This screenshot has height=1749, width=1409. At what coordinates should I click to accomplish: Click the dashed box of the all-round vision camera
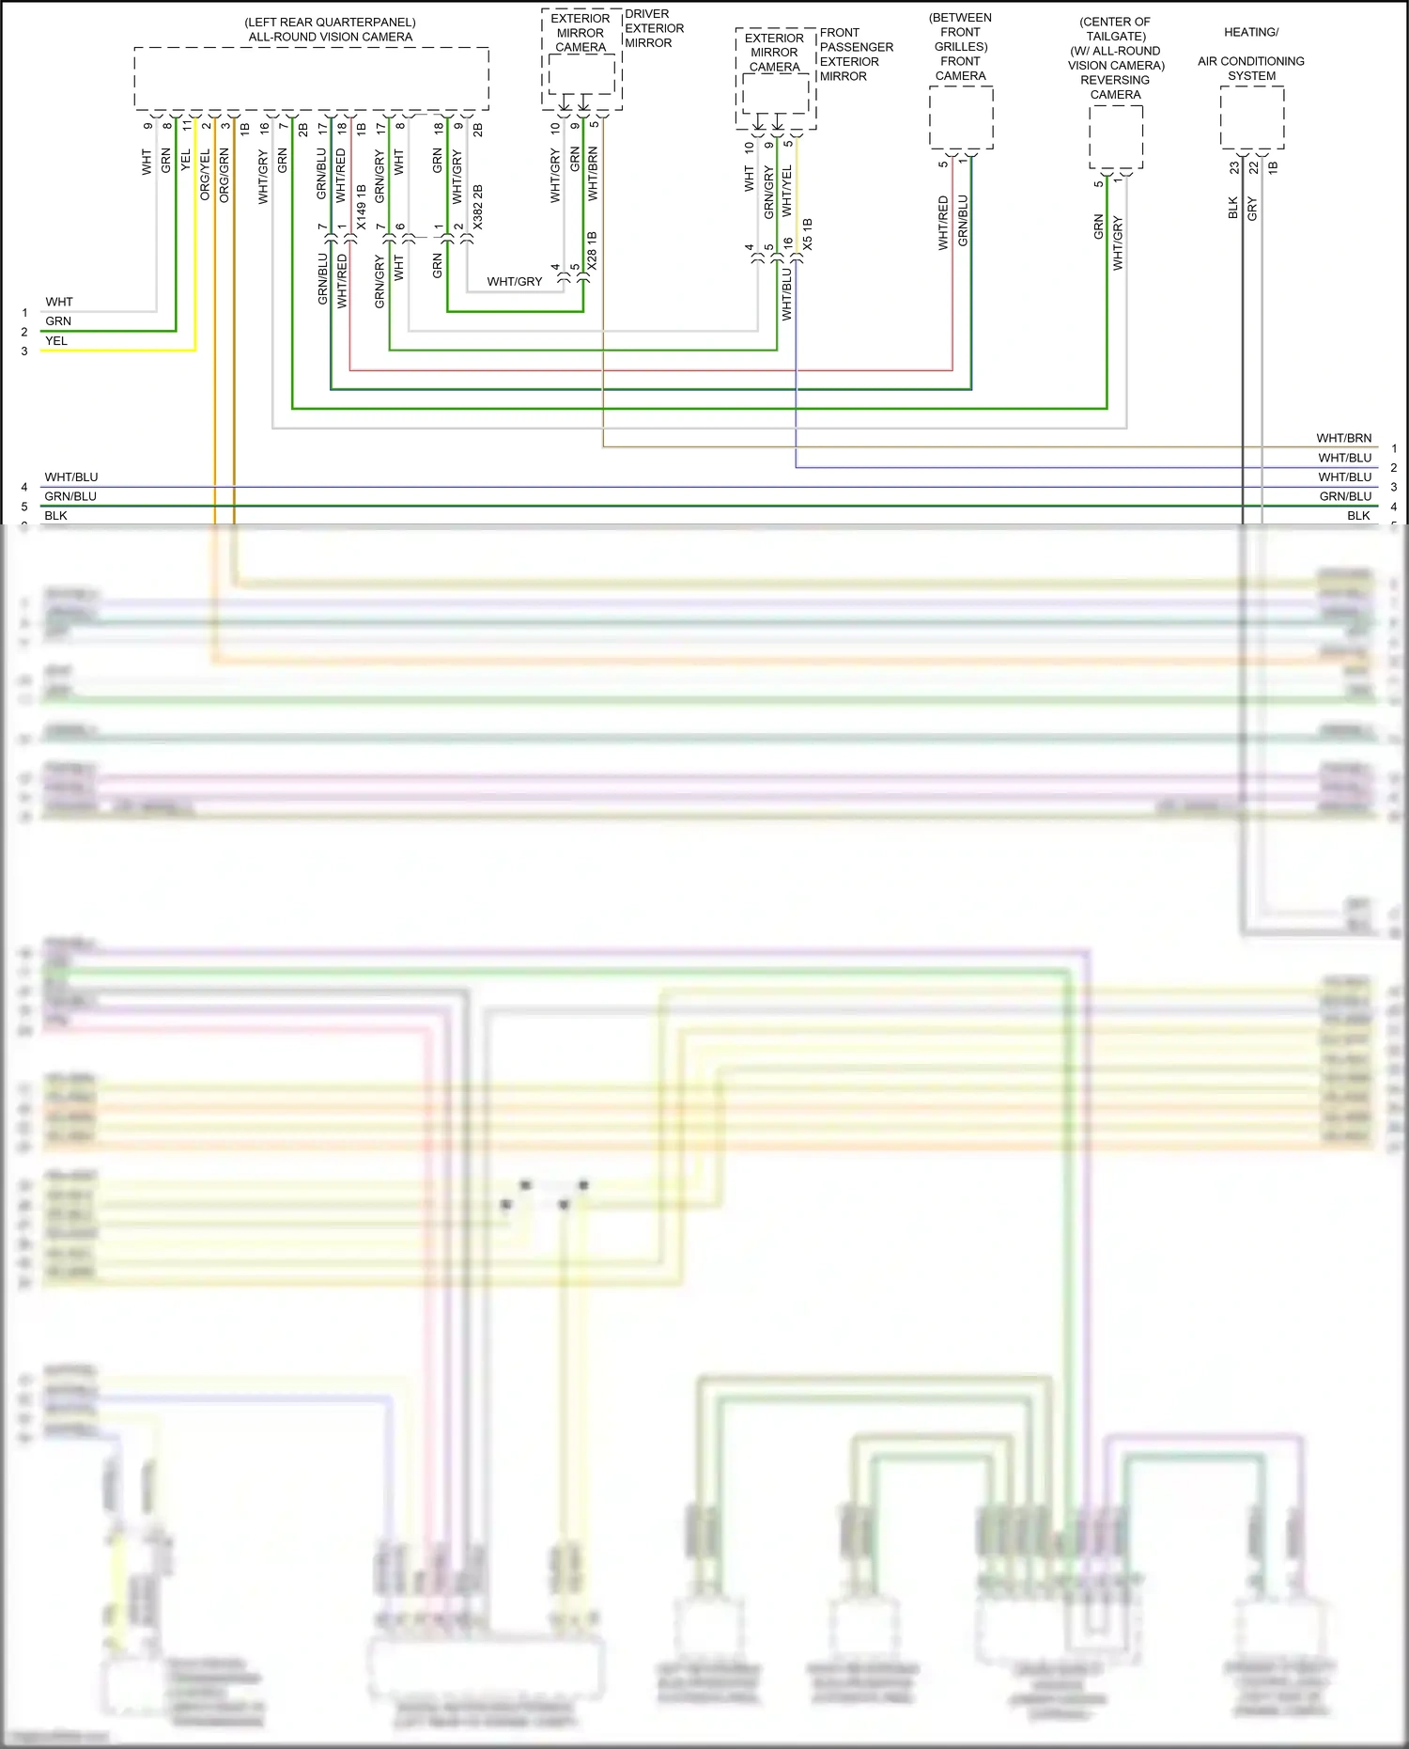[x=311, y=79]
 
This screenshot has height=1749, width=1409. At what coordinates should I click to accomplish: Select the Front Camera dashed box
[x=961, y=117]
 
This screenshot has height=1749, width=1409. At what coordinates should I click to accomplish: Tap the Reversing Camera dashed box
[x=1116, y=136]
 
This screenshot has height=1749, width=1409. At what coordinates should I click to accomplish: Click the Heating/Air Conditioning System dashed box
[x=1252, y=117]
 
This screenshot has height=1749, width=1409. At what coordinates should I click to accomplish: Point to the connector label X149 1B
[x=362, y=207]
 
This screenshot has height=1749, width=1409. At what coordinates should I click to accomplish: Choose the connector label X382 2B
[x=478, y=207]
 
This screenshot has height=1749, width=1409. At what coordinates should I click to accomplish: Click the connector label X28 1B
[x=592, y=251]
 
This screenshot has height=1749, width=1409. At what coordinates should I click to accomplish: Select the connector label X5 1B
[x=808, y=235]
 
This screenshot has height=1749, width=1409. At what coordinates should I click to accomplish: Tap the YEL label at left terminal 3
[x=56, y=341]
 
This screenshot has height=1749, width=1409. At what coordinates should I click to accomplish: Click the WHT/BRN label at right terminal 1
[x=1343, y=438]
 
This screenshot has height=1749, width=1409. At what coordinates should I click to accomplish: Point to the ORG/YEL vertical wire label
[x=205, y=175]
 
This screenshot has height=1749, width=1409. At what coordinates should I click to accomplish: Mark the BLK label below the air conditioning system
[x=1233, y=208]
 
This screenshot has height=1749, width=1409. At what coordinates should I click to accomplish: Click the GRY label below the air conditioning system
[x=1252, y=209]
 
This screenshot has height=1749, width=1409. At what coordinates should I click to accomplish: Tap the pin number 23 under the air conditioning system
[x=1234, y=167]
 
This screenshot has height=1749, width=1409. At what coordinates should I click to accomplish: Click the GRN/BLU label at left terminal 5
[x=70, y=496]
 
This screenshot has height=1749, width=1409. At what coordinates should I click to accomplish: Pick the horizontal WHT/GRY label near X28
[x=514, y=281]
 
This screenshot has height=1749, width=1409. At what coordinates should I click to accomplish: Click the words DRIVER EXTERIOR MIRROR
[x=654, y=28]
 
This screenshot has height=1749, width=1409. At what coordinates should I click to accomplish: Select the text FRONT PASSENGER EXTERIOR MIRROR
[x=856, y=55]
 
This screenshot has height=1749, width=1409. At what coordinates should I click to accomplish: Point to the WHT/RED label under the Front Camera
[x=943, y=222]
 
